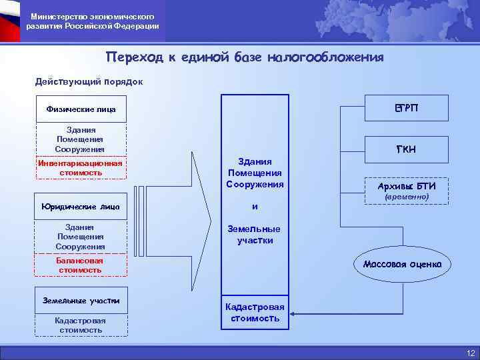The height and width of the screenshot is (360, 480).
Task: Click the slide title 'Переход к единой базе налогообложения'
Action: pyautogui.click(x=245, y=57)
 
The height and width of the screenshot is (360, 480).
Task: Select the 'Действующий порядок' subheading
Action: pyautogui.click(x=88, y=82)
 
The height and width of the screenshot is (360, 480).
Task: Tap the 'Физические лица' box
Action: pyautogui.click(x=81, y=109)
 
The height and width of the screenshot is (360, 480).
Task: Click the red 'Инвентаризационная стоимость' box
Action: pyautogui.click(x=80, y=168)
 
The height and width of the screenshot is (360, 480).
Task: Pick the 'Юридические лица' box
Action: pyautogui.click(x=81, y=206)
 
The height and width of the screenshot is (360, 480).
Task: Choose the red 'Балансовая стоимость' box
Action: pyautogui.click(x=80, y=265)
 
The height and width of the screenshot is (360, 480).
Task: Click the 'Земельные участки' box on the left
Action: pyautogui.click(x=81, y=301)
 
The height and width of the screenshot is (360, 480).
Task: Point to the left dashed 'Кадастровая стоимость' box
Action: pyautogui.click(x=80, y=325)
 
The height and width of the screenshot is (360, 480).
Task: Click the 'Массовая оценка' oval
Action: pyautogui.click(x=402, y=264)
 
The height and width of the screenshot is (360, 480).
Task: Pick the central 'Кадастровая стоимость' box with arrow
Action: pyautogui.click(x=255, y=313)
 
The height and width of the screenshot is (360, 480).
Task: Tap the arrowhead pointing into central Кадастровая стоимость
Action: pyautogui.click(x=294, y=313)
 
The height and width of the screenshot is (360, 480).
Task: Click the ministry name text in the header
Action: pyautogui.click(x=93, y=21)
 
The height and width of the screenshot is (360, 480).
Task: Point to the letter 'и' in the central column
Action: pyautogui.click(x=255, y=206)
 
